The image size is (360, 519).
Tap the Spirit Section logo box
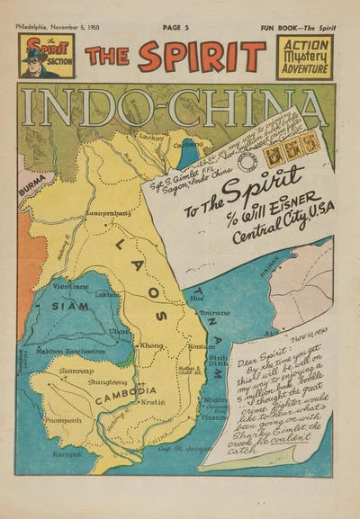point(47,57)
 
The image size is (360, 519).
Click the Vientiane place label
point(71,286)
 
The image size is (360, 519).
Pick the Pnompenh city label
point(62,419)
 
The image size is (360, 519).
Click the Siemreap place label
point(73,369)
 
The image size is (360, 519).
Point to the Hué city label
point(196,295)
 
